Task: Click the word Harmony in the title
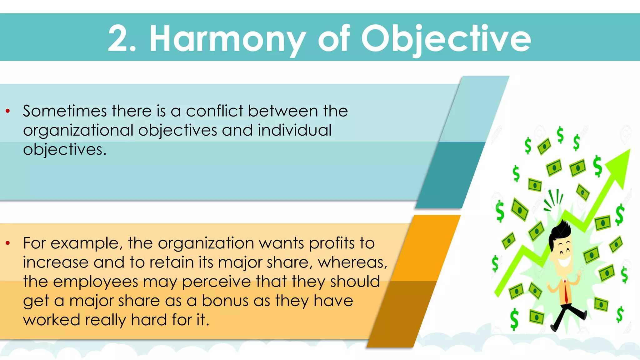[227, 39]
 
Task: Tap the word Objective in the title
[446, 39]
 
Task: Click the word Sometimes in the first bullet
[65, 111]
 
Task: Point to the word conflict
[215, 111]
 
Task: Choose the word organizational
[78, 131]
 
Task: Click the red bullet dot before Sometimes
[8, 111]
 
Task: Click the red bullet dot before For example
[8, 243]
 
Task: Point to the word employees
[96, 282]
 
